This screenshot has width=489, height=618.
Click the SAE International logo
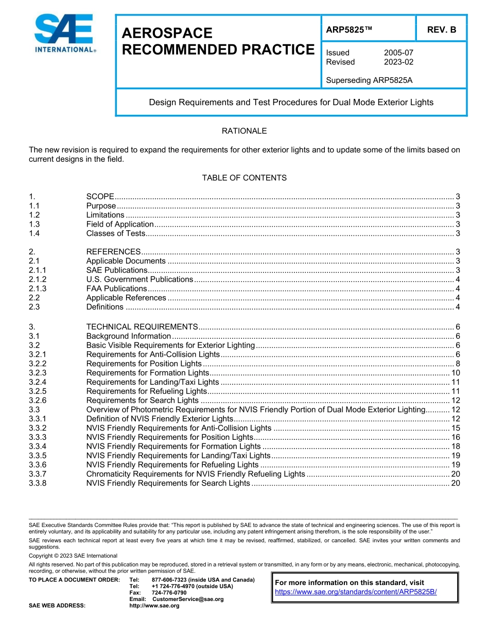point(64,33)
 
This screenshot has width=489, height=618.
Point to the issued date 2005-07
point(398,53)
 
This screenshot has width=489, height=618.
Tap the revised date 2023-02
point(398,62)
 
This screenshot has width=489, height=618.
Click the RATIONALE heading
point(244,131)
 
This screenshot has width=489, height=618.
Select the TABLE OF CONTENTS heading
point(244,178)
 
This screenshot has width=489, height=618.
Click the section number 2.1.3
point(38,288)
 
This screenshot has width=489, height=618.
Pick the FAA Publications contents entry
point(116,288)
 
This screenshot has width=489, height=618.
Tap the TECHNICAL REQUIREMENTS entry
point(142,327)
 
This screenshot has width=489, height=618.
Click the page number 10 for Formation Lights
point(455,373)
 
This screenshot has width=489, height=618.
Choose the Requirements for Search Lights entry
point(143,401)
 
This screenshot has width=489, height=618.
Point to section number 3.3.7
point(38,474)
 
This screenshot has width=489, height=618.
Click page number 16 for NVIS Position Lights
point(455,437)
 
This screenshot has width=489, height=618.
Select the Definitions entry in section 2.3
point(105,307)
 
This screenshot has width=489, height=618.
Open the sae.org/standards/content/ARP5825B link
point(356,592)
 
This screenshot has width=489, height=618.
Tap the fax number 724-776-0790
point(169,593)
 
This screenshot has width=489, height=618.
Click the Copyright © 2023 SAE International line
point(73,556)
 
